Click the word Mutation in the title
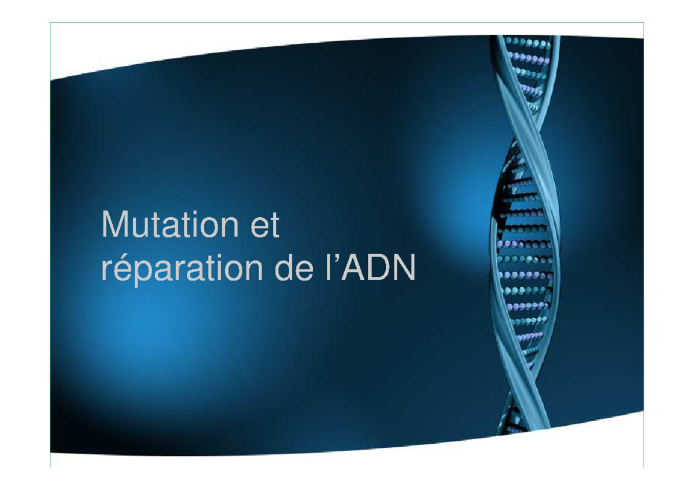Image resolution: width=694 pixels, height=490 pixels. coord(168,226)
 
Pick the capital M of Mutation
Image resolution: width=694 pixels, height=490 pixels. coord(114,225)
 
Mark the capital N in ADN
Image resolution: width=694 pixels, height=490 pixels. coord(405,270)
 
